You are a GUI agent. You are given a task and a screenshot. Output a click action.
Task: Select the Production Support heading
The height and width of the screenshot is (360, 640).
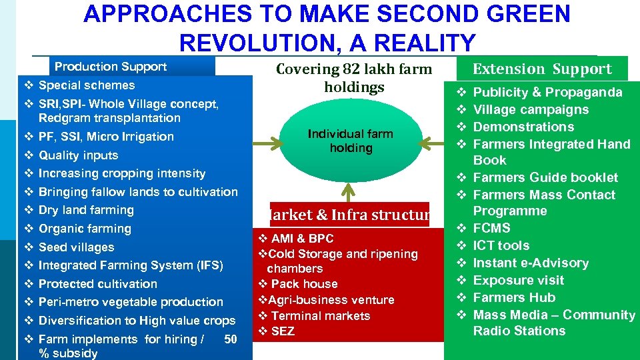click(x=111, y=67)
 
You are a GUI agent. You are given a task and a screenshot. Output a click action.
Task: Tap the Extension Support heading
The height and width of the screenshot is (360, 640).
click(x=541, y=69)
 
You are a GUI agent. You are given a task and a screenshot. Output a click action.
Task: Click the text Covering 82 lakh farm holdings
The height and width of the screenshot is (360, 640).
click(x=354, y=78)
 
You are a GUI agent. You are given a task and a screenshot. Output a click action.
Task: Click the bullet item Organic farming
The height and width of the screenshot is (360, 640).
click(x=85, y=229)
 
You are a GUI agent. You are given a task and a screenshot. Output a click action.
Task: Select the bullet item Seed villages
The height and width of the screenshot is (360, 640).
click(x=76, y=247)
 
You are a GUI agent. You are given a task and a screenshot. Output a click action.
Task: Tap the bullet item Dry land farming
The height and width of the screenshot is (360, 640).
click(x=86, y=210)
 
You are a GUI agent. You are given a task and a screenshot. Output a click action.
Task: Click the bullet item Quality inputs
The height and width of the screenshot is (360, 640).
click(x=78, y=155)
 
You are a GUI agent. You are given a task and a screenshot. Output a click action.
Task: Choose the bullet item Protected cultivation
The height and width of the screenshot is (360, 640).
click(x=98, y=284)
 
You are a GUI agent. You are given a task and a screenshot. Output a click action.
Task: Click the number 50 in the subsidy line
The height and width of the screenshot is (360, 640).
click(x=230, y=339)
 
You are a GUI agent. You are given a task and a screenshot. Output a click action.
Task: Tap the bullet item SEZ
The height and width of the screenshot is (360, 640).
click(x=283, y=331)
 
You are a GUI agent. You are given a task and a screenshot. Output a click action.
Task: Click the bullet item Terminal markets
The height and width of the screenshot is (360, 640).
click(x=320, y=316)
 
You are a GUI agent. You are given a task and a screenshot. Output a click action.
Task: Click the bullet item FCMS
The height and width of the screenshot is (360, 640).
click(x=491, y=228)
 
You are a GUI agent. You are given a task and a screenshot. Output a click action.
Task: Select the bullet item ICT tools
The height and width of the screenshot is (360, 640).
click(x=501, y=245)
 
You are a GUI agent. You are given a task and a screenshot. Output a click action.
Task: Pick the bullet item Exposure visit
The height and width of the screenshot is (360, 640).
click(x=518, y=280)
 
